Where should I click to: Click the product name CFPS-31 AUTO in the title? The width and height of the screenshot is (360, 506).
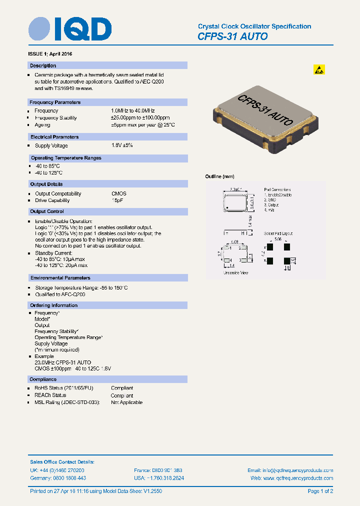(x=232, y=36)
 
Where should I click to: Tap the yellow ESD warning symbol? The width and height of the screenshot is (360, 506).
(x=319, y=70)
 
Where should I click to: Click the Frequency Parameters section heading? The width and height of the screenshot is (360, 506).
(x=55, y=102)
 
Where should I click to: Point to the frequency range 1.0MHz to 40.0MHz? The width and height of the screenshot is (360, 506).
(x=133, y=110)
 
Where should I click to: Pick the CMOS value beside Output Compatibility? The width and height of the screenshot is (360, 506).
(x=118, y=193)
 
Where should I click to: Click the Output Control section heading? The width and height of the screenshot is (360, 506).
(x=47, y=211)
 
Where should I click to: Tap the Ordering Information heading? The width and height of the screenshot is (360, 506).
(x=53, y=305)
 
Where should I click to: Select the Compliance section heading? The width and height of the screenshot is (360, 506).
(x=43, y=379)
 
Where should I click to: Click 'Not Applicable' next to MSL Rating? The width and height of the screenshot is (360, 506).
(x=126, y=402)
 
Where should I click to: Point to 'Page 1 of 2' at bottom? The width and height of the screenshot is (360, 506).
(x=320, y=491)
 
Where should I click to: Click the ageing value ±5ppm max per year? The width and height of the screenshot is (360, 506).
(x=143, y=125)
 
